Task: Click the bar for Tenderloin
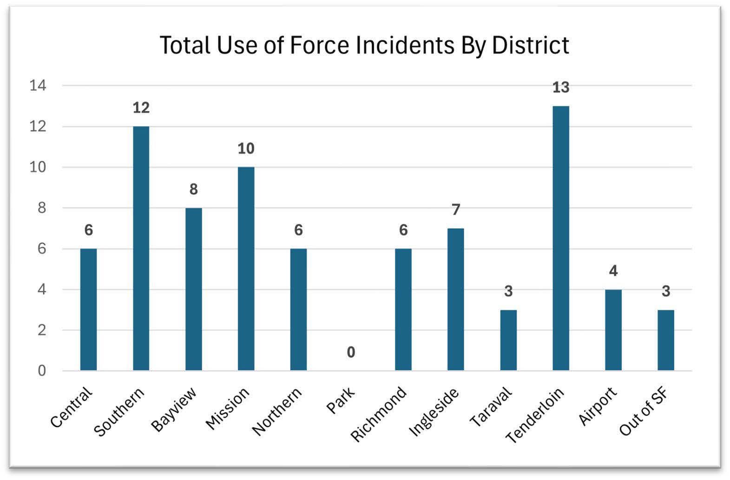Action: tap(560, 238)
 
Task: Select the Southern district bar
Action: tap(141, 248)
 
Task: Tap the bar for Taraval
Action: tap(508, 340)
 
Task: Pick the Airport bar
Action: tap(613, 329)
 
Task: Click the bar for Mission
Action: tap(246, 269)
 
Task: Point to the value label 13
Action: tap(560, 87)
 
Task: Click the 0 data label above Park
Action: tap(351, 352)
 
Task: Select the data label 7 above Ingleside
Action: tap(456, 210)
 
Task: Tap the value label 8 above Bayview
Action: tap(193, 189)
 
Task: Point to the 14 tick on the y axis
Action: tap(38, 85)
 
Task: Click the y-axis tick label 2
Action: tap(42, 330)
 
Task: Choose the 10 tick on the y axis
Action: tap(38, 167)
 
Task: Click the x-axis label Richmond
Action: tap(378, 414)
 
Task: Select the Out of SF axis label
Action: tap(644, 412)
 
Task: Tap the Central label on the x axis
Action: tap(71, 408)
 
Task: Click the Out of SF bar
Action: tap(665, 340)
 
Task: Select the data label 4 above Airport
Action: tap(613, 271)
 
